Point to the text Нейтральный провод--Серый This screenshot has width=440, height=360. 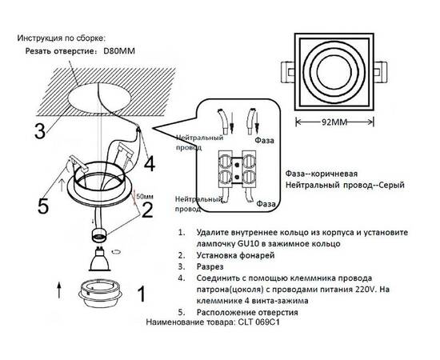pyautogui.click(x=344, y=185)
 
